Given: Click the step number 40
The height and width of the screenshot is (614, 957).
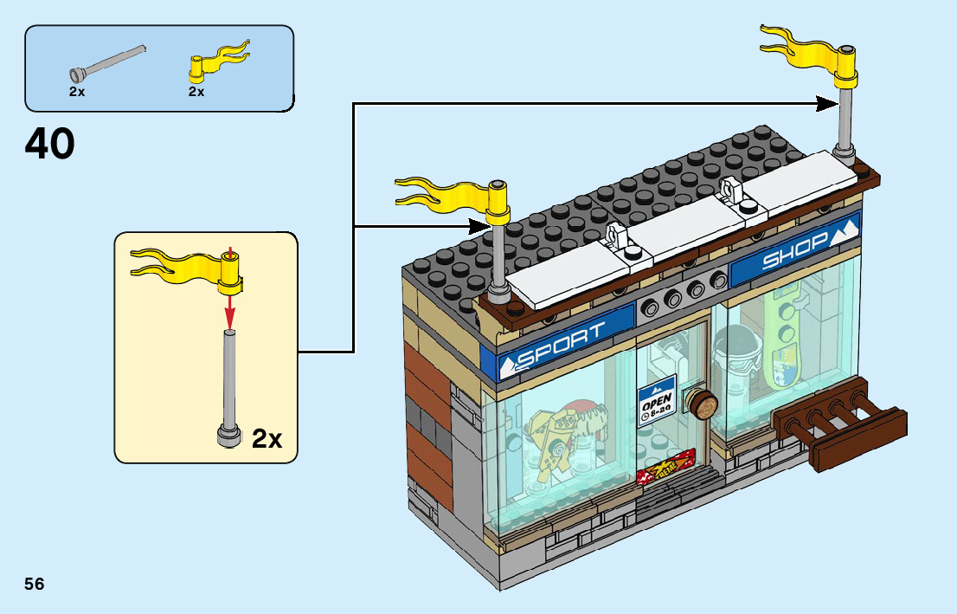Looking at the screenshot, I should (50, 144).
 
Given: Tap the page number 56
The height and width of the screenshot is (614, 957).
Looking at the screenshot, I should (35, 584).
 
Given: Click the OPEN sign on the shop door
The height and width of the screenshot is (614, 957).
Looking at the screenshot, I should (656, 404).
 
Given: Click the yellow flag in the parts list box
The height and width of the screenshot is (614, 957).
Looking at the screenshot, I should (219, 62).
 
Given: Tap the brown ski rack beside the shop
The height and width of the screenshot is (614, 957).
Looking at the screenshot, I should (843, 423).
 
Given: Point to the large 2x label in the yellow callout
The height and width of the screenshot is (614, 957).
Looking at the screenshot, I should (267, 439).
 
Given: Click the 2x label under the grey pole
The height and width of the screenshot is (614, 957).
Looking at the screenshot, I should (77, 91).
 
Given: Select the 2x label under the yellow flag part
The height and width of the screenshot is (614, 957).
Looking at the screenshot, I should (196, 91).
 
